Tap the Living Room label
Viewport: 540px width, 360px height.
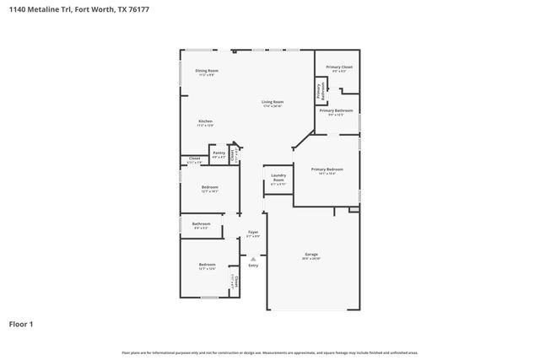[x=272, y=102]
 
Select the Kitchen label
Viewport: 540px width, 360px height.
[x=205, y=121]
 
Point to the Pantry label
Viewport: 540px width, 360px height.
[x=219, y=153]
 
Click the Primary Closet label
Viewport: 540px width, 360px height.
[x=339, y=67]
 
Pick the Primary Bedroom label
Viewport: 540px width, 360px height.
[x=327, y=169]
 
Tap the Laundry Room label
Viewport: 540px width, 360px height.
[x=278, y=177]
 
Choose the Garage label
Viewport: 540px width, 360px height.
[x=311, y=254]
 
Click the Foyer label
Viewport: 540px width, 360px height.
[x=252, y=232]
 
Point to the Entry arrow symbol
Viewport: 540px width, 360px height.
[x=253, y=258]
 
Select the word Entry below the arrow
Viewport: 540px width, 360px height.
[x=253, y=265]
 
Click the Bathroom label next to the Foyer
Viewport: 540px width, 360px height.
[x=201, y=223]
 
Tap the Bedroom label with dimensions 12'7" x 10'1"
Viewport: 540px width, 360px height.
[x=209, y=186]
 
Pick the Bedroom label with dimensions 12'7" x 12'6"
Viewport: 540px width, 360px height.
[x=207, y=265]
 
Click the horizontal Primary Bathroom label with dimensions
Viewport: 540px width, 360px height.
[x=336, y=110]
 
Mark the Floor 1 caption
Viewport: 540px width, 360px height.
[x=21, y=324]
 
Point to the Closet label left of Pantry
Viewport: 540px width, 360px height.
[x=194, y=158]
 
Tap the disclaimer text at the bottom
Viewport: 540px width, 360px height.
[x=270, y=352]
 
